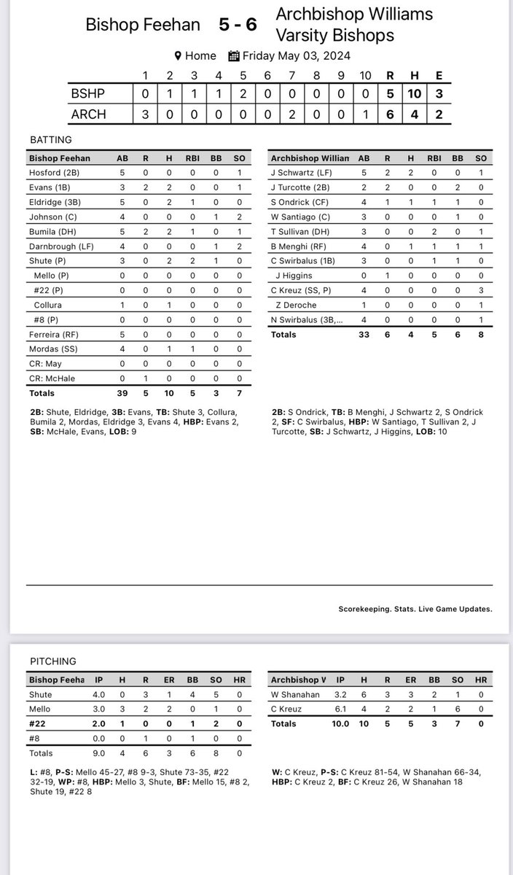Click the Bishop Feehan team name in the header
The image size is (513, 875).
coord(143,25)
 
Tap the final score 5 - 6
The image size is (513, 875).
coord(238,25)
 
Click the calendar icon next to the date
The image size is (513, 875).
coord(234,55)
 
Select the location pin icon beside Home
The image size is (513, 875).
coord(177,55)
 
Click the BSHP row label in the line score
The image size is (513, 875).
coord(89,93)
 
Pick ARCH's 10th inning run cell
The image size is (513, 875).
coord(366,114)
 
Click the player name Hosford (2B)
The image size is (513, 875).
coord(53,172)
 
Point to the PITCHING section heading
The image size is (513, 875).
coord(52,661)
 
